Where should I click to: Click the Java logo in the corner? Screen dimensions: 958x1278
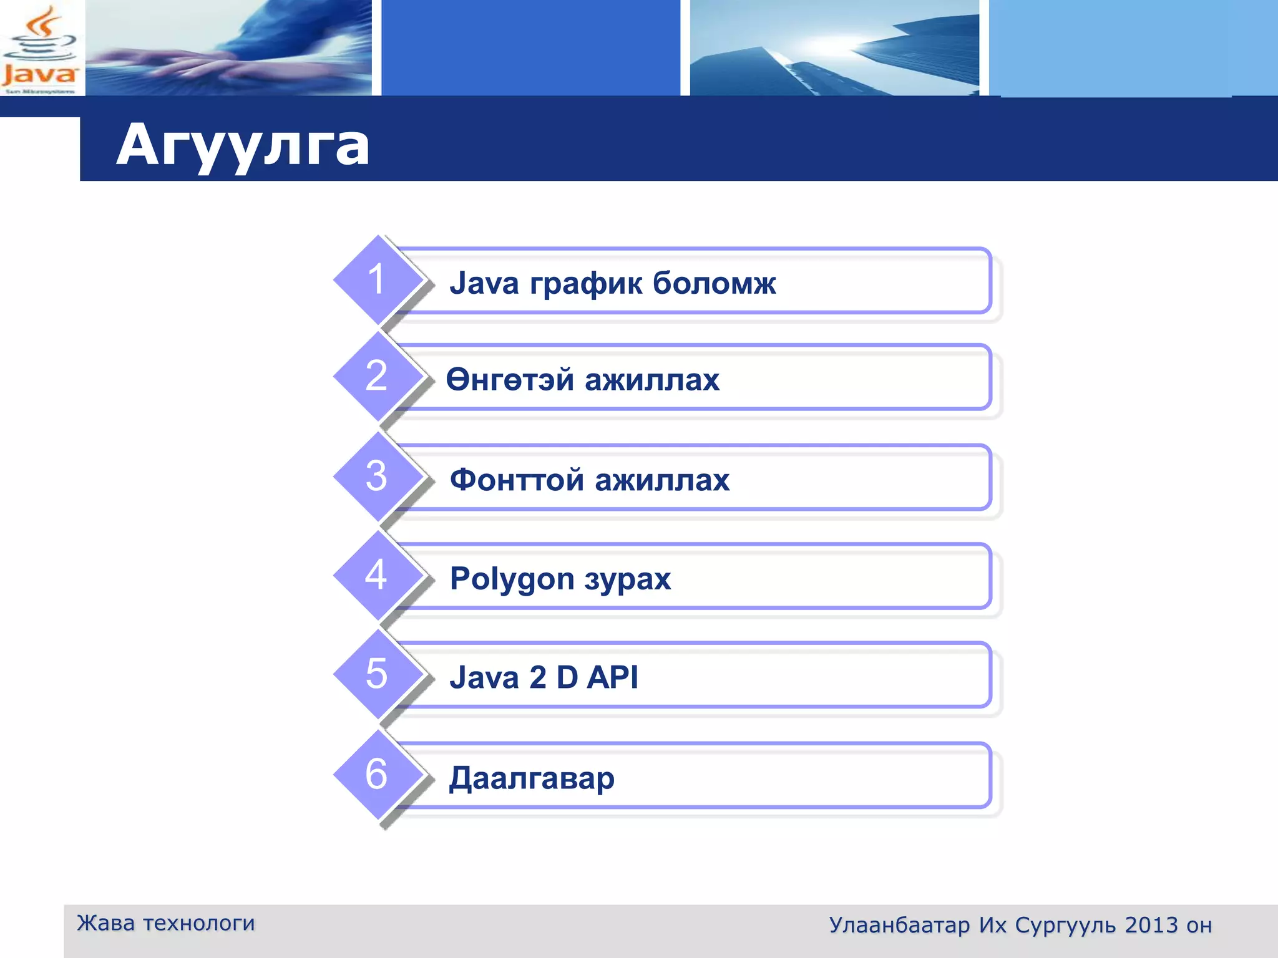(x=40, y=50)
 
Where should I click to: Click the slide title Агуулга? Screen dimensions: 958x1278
(x=243, y=145)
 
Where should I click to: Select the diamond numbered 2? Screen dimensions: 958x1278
(x=377, y=376)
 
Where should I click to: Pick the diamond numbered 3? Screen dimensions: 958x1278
(x=377, y=477)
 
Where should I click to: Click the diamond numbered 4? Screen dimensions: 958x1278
(x=377, y=575)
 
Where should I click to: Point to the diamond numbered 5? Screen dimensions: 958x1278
(x=377, y=674)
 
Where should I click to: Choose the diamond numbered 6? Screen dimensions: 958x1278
(x=377, y=775)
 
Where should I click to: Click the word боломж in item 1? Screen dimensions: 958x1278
(x=714, y=283)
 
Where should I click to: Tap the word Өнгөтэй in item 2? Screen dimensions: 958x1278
(x=510, y=379)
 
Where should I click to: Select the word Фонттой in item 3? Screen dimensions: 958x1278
(x=517, y=480)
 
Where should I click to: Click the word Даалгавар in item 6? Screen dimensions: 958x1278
(x=532, y=778)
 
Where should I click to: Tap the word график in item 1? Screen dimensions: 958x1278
(x=586, y=284)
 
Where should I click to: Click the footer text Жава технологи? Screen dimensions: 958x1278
(x=166, y=923)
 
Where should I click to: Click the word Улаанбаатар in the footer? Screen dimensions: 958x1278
(x=899, y=926)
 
